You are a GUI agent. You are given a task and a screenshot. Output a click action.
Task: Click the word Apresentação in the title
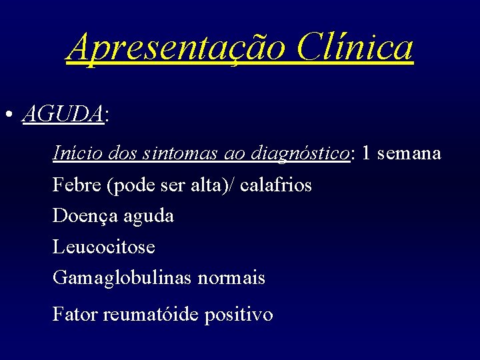point(176,47)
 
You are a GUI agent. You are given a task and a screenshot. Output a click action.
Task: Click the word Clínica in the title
point(355,47)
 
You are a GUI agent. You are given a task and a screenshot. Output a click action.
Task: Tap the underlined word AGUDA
point(63,114)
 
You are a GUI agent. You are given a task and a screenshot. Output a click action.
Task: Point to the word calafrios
point(276,185)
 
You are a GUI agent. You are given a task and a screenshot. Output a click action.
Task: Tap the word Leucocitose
point(104,247)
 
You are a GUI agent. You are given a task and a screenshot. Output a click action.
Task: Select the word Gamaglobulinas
point(123,278)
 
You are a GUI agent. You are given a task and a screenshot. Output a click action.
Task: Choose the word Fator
point(75,314)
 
